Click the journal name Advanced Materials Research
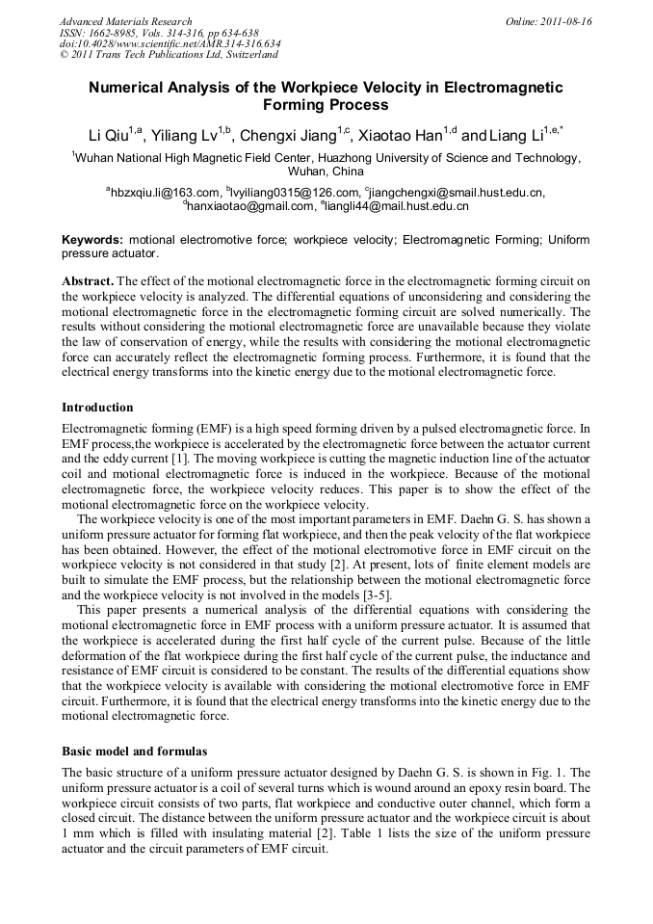(125, 21)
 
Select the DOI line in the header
(170, 43)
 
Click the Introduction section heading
(97, 408)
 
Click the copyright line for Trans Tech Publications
(167, 55)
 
